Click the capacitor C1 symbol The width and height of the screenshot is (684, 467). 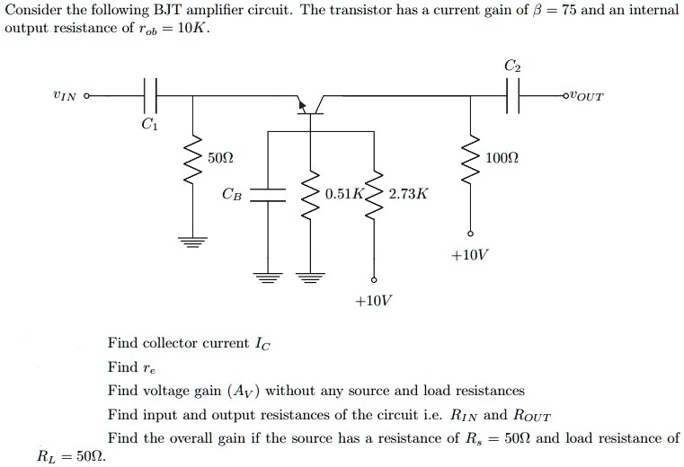[150, 93]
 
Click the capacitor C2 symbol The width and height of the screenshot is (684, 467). [512, 93]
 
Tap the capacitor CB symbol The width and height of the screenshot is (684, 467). [266, 194]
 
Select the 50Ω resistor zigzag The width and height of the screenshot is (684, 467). [191, 165]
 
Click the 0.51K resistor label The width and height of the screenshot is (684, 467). [344, 194]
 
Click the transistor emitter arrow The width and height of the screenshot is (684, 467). [304, 107]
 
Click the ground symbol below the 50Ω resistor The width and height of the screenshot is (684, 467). [191, 241]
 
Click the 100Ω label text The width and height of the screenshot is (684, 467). [501, 158]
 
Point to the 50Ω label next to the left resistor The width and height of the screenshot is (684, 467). [219, 158]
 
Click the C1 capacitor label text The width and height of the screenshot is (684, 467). [149, 126]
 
